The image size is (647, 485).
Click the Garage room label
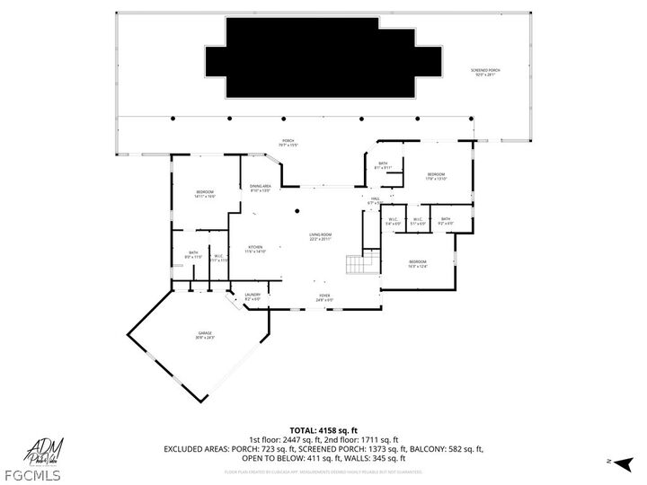[206, 335]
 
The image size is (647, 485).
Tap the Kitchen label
[254, 249]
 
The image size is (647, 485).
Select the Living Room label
[321, 237]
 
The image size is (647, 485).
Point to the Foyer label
[324, 297]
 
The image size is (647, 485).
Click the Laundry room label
[253, 296]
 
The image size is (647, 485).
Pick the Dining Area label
[261, 188]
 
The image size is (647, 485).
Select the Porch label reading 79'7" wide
[288, 142]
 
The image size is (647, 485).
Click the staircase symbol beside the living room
[359, 264]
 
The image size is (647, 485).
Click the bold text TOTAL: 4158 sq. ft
[323, 430]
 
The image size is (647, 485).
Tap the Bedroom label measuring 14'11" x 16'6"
[206, 194]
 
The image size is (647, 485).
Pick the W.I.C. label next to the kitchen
[218, 258]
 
